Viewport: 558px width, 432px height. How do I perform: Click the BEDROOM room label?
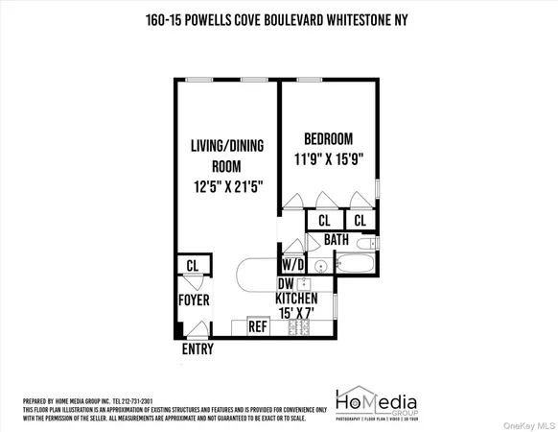point(328,137)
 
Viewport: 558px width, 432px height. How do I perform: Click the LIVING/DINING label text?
point(224,147)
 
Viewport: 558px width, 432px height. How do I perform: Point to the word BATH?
point(336,239)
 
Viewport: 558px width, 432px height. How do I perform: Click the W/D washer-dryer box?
point(291,264)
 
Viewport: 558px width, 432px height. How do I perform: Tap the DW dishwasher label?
point(285,284)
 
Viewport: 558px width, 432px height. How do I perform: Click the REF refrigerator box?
point(257,326)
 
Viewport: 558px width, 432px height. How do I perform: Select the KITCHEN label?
point(296,299)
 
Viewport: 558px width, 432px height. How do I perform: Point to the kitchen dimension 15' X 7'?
point(296,313)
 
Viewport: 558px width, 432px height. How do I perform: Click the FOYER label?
point(194,300)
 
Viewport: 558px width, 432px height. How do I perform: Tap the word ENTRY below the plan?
point(198,349)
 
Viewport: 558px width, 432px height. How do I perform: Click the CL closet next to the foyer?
point(193,265)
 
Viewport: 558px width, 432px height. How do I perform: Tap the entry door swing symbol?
point(197,329)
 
